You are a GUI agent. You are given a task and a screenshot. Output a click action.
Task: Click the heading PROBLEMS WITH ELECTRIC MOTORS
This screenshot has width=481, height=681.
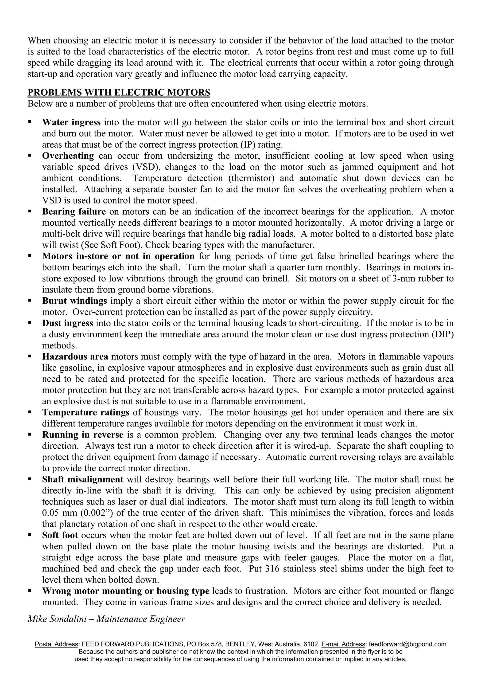pos(119,93)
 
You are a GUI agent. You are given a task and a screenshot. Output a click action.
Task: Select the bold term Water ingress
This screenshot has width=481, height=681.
pos(71,122)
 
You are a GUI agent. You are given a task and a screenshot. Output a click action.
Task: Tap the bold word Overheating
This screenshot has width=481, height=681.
pos(68,156)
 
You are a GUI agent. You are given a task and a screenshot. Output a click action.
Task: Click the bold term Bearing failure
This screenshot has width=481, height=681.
pos(74,211)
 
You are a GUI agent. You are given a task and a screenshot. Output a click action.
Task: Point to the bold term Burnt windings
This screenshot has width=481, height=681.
pos(74,301)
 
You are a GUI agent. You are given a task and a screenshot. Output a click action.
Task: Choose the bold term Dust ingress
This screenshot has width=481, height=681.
pos(68,323)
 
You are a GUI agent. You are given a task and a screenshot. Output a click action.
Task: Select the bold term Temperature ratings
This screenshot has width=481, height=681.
pos(86,412)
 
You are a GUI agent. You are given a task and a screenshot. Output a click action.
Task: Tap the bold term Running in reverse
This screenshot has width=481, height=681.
pos(83,435)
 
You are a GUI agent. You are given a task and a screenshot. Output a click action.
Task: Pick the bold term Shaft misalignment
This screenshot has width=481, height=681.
pos(83,479)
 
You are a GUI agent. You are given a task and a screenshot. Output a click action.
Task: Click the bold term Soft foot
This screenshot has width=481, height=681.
pos(60,535)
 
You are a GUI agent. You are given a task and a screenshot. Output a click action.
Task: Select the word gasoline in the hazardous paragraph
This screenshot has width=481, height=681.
pos(74,368)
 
